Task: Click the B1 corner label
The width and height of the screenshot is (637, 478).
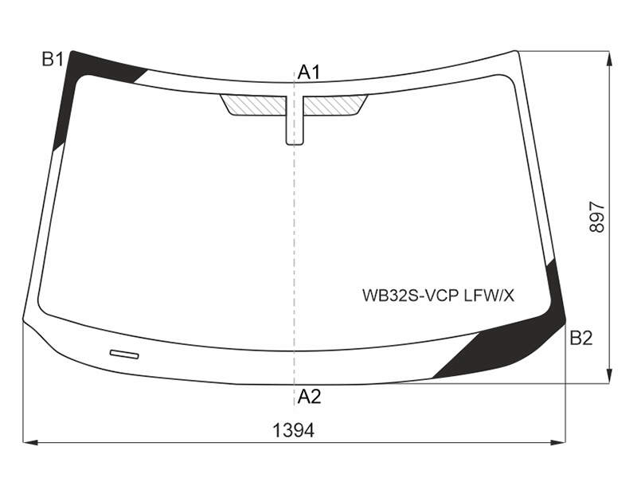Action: click(x=53, y=60)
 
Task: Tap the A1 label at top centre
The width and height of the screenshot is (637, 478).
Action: click(x=309, y=72)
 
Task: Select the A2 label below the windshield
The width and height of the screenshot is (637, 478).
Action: click(x=309, y=396)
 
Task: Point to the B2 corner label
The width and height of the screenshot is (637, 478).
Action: click(x=581, y=338)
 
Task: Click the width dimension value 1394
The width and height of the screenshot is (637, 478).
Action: click(x=293, y=430)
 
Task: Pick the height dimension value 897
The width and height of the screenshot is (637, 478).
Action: click(x=596, y=217)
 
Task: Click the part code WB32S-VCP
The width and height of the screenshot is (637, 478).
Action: click(x=411, y=296)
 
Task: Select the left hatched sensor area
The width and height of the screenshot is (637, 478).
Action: click(x=254, y=104)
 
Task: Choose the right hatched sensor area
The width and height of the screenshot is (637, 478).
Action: click(x=335, y=104)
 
